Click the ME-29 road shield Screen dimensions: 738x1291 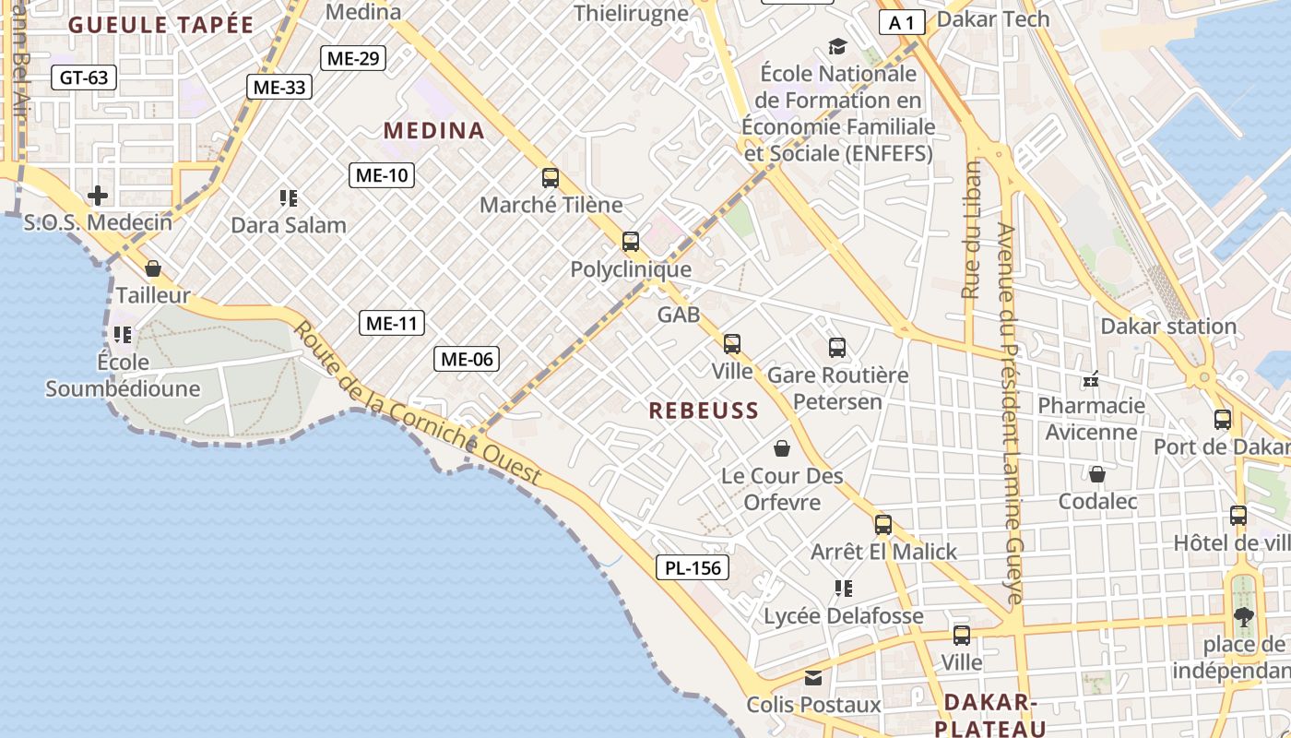352,58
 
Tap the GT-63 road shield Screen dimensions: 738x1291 84,77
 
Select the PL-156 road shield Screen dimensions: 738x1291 693,567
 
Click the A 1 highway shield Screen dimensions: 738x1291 901,23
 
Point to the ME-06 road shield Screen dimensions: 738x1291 467,359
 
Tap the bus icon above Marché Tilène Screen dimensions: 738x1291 551,178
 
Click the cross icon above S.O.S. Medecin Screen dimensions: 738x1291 98,196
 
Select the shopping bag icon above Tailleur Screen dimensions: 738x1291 153,268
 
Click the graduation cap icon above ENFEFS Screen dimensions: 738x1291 837,46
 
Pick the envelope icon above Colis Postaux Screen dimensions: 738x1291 813,678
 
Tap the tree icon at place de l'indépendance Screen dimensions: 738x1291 1243,617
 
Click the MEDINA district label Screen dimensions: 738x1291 434,130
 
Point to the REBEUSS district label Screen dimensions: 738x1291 704,411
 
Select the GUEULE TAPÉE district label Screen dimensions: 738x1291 160,25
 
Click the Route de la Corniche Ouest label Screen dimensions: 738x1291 418,402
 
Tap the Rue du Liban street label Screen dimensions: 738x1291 971,230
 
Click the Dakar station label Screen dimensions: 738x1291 1168,326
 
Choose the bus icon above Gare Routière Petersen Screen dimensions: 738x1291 837,348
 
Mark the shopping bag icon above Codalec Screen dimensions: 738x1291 1097,474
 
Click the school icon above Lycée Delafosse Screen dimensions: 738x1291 843,588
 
